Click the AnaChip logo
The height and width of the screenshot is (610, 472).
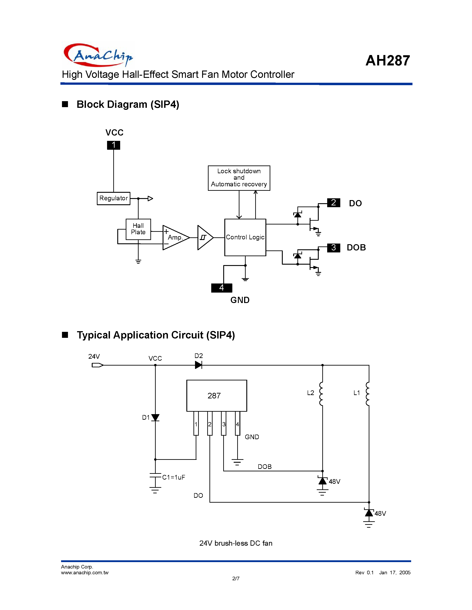pyautogui.click(x=98, y=55)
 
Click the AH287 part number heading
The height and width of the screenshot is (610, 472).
pyautogui.click(x=388, y=60)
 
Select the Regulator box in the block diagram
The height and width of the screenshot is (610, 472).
pyautogui.click(x=114, y=198)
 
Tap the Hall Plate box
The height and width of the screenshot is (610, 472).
pyautogui.click(x=138, y=229)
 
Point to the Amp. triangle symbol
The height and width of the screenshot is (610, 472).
pyautogui.click(x=175, y=237)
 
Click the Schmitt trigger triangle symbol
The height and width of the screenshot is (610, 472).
pyautogui.click(x=204, y=237)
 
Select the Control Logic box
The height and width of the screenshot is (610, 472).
pyautogui.click(x=245, y=237)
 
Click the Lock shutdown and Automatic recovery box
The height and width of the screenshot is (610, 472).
pyautogui.click(x=239, y=178)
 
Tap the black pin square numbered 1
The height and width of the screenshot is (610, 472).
pyautogui.click(x=114, y=145)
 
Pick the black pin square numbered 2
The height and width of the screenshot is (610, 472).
pyautogui.click(x=333, y=203)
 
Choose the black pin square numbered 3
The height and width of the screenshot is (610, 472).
pyautogui.click(x=333, y=248)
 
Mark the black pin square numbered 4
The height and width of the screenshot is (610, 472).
pyautogui.click(x=221, y=288)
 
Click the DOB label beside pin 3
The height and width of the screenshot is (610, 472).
pyautogui.click(x=356, y=248)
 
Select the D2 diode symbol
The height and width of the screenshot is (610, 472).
pyautogui.click(x=199, y=365)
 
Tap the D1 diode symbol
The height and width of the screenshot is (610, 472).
pyautogui.click(x=155, y=417)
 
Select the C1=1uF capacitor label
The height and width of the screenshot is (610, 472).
pyautogui.click(x=173, y=477)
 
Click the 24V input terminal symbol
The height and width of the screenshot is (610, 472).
pyautogui.click(x=97, y=365)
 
